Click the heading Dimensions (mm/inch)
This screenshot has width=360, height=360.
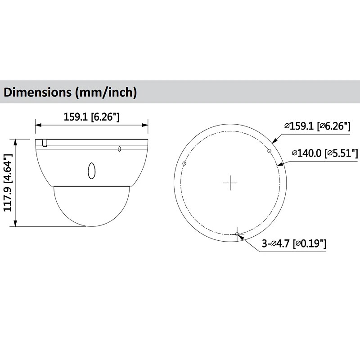(70, 92)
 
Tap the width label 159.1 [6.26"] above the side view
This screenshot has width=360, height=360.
(91, 117)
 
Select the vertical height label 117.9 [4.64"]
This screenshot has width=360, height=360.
(8, 183)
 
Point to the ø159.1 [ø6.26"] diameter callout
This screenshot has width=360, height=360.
(317, 126)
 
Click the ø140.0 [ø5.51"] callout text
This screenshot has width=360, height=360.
(325, 153)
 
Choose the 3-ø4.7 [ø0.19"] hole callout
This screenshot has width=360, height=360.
(294, 243)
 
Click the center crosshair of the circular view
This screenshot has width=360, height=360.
(230, 183)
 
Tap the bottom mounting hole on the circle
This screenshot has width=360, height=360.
(237, 234)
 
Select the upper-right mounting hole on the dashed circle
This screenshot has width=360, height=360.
(270, 151)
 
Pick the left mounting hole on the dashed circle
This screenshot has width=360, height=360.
(184, 163)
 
